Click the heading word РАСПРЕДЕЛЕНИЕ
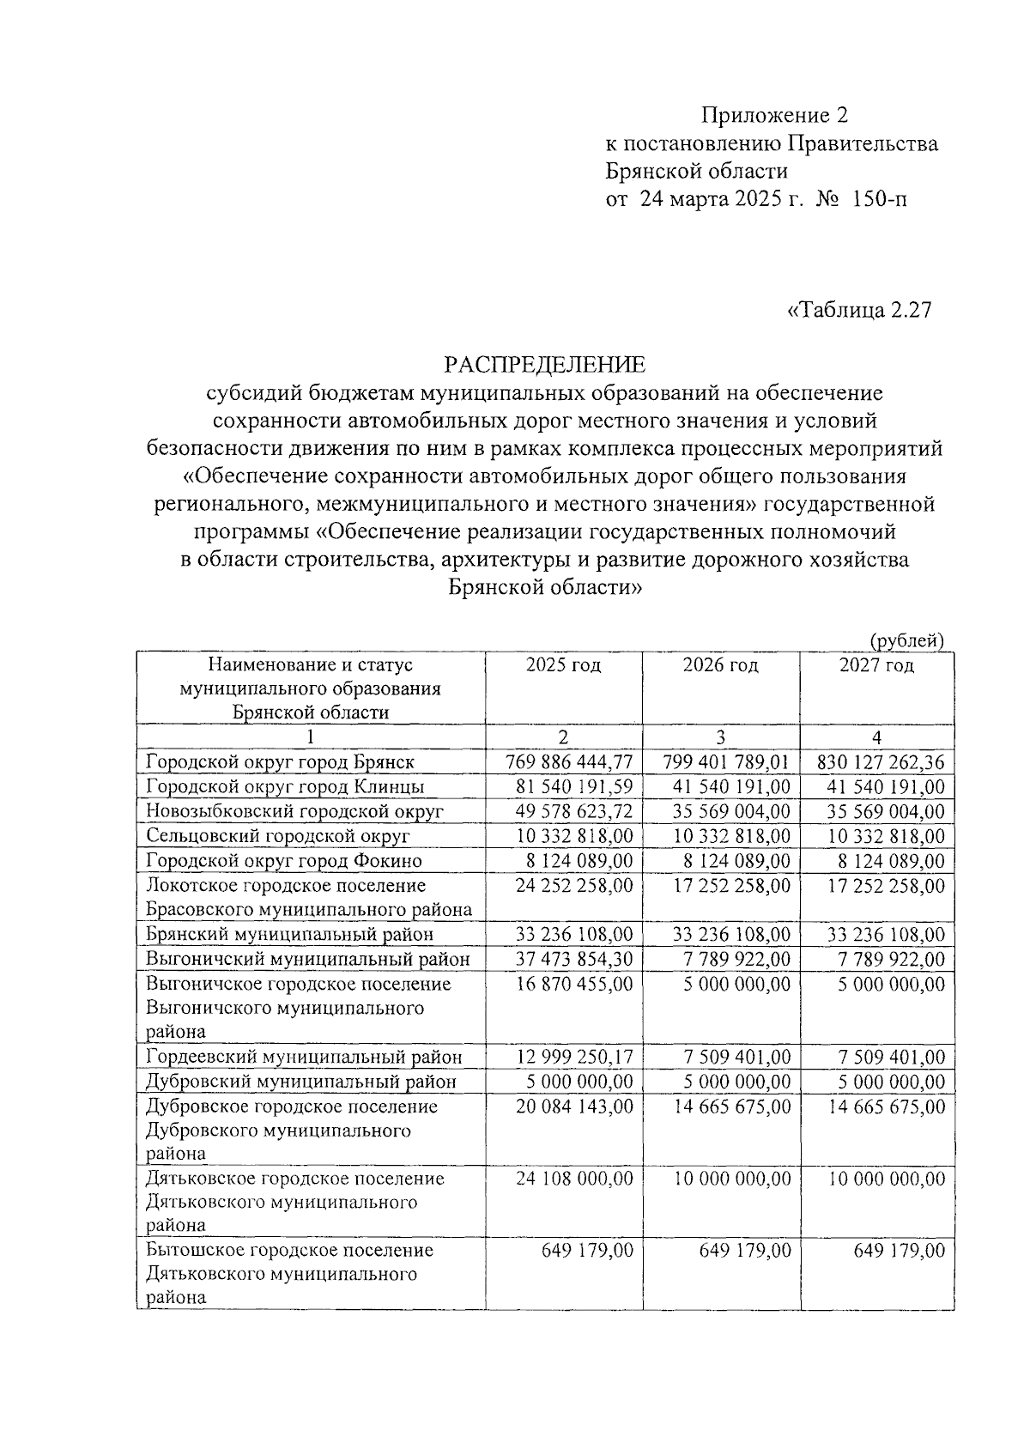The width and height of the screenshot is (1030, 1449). pyautogui.click(x=544, y=364)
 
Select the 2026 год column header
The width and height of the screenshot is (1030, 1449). pyautogui.click(x=720, y=665)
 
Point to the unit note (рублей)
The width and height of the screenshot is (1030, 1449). pyautogui.click(x=906, y=640)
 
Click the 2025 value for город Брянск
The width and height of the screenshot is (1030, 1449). pyautogui.click(x=569, y=762)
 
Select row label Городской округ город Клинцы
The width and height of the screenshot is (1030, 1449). pyautogui.click(x=285, y=787)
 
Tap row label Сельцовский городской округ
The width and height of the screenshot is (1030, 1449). pyautogui.click(x=278, y=836)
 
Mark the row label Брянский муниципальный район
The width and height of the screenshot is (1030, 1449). pyautogui.click(x=289, y=935)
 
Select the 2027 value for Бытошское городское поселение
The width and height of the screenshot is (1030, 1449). pyautogui.click(x=899, y=1251)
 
